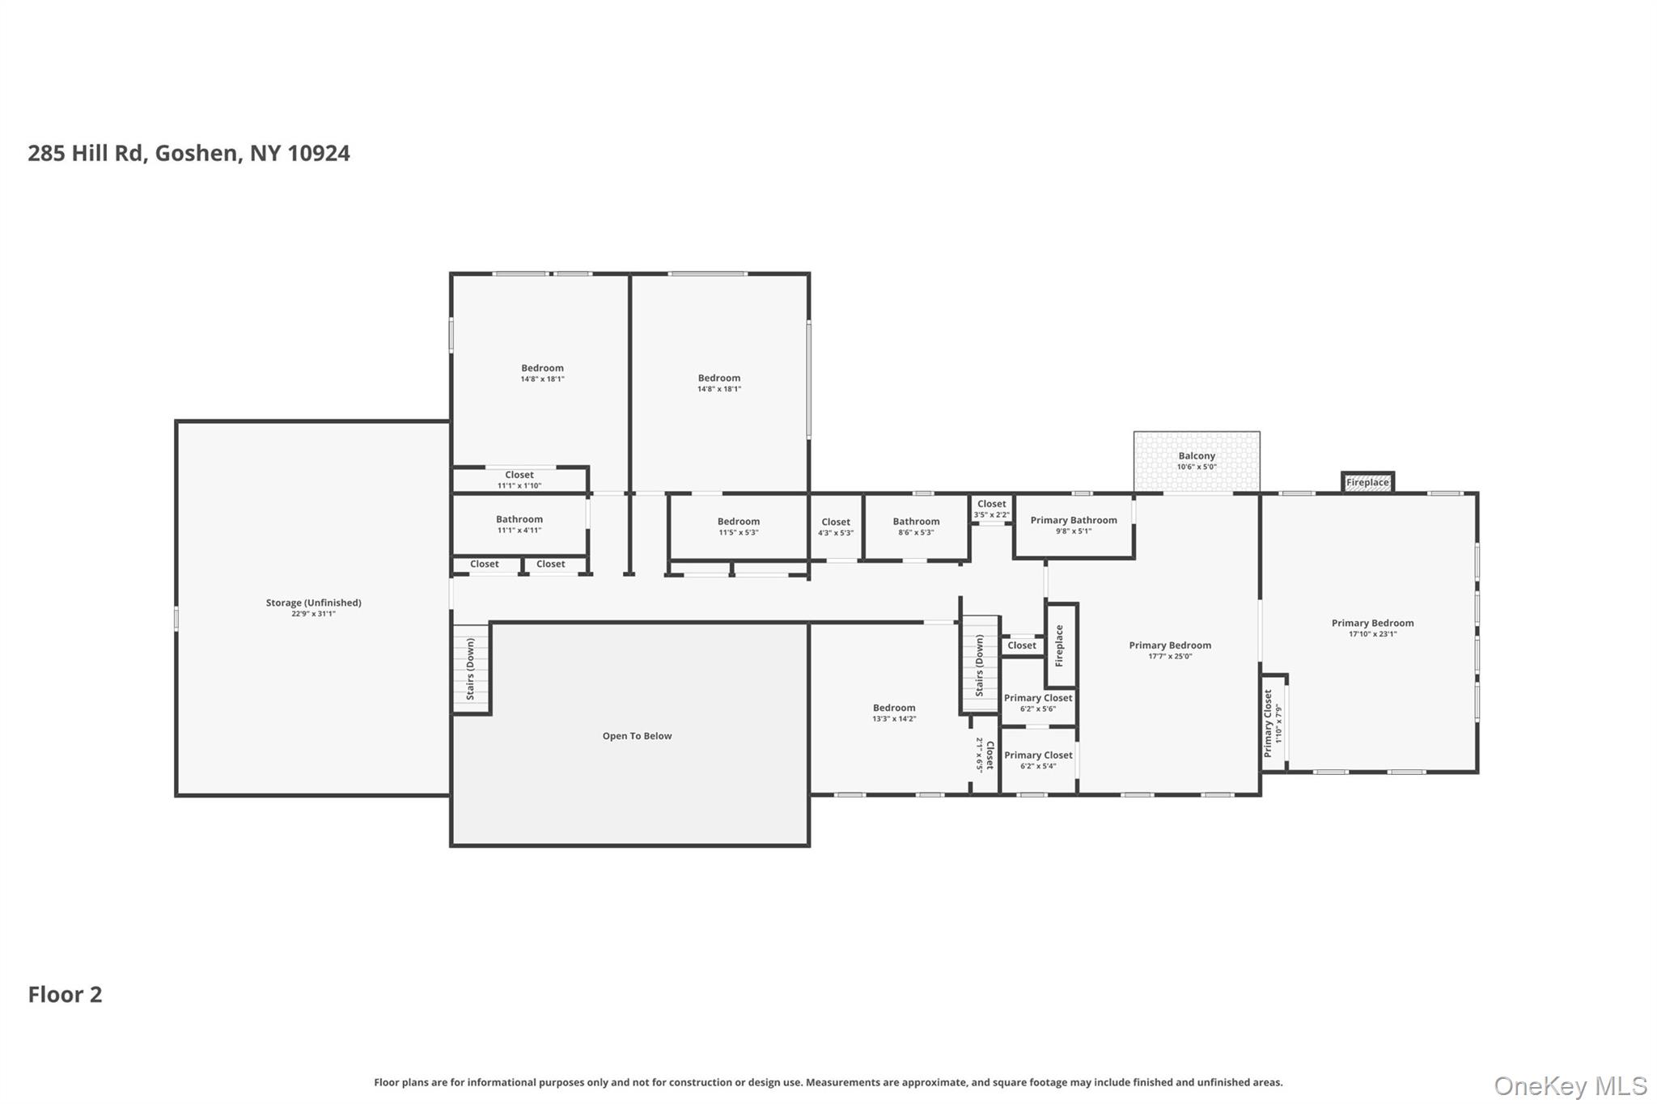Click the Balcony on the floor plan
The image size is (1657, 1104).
[x=1197, y=461]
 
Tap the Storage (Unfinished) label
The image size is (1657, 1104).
[x=313, y=603]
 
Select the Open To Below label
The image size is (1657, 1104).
[x=637, y=736]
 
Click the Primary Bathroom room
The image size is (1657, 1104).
[x=1074, y=526]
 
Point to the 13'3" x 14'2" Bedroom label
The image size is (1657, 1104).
[x=894, y=713]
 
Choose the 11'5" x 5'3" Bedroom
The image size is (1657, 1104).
[x=739, y=527]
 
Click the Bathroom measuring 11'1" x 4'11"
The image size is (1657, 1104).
[x=519, y=524]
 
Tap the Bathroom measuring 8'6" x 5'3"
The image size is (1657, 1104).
[x=916, y=527]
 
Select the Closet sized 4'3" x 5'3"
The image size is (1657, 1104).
[x=836, y=527]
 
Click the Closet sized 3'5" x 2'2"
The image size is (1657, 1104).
[x=991, y=509]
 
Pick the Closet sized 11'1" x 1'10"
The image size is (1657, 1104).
[x=519, y=480]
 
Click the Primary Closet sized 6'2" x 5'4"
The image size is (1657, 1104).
[x=1038, y=760]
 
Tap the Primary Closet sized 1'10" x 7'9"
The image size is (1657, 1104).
[x=1273, y=723]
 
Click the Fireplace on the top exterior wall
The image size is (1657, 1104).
[x=1367, y=482]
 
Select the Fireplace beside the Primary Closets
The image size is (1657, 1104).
[x=1062, y=645]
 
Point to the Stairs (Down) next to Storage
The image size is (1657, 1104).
[x=470, y=669]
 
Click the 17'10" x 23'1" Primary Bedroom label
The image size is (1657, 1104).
[x=1372, y=628]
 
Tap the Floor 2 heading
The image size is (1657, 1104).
[x=66, y=994]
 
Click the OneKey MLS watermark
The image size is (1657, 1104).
[x=1570, y=1085]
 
